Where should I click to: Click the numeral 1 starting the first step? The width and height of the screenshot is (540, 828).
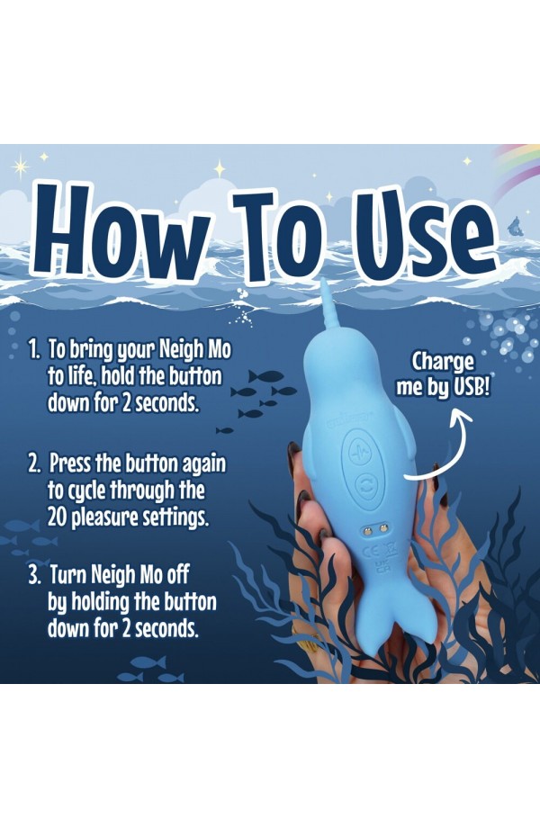[34, 349]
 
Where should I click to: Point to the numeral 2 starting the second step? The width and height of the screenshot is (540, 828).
[34, 463]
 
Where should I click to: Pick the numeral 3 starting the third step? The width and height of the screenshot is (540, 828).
[34, 576]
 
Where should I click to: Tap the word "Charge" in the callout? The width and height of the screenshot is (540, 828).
[443, 362]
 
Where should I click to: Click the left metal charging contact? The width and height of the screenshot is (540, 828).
[370, 529]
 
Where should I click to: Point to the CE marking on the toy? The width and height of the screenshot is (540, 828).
[373, 552]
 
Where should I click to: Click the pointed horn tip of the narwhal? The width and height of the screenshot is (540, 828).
[323, 283]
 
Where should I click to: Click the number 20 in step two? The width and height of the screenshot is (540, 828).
[58, 517]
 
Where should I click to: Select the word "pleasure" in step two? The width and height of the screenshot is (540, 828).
[99, 518]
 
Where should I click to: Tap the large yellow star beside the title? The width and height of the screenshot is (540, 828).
[21, 166]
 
